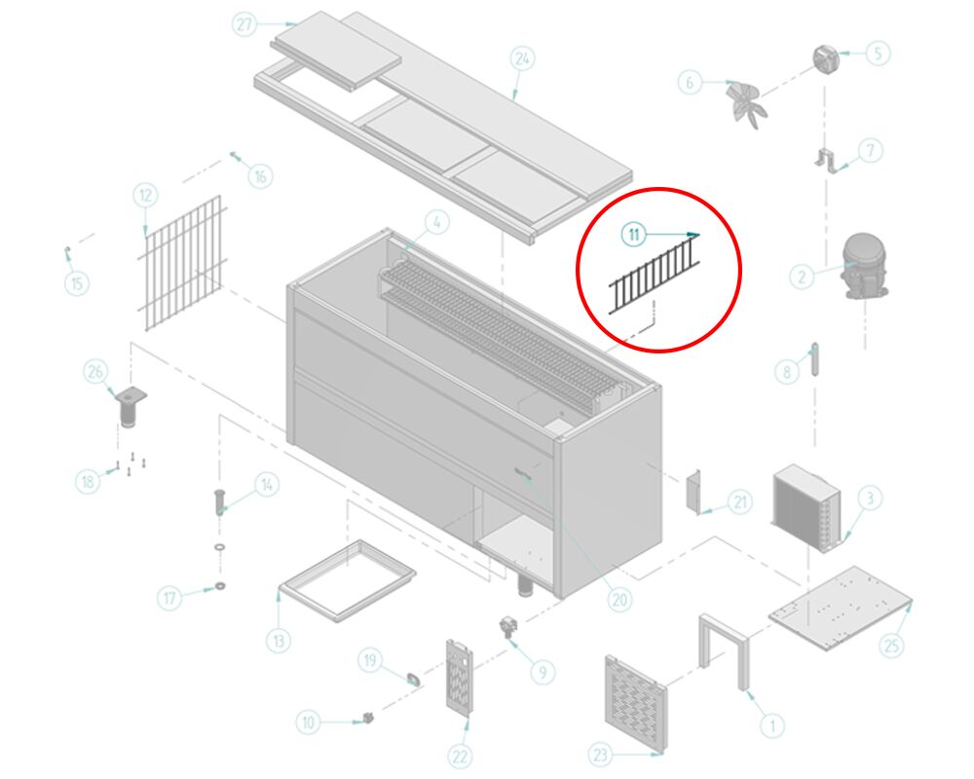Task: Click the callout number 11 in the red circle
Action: pos(634,235)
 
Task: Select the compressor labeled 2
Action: pos(864,266)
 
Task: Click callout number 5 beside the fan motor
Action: pos(878,54)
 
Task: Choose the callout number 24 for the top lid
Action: pos(522,59)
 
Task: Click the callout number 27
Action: pos(244,24)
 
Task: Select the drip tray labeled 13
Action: pos(348,580)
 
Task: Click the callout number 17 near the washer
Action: pos(170,598)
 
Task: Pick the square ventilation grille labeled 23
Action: pos(635,703)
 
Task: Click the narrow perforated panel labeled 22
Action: pos(459,676)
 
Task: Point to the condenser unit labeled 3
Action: pos(806,505)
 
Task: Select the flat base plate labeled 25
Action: pos(841,608)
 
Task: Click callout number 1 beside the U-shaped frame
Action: pos(772,724)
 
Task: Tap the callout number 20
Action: pos(619,600)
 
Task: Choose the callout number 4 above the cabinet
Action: pos(436,222)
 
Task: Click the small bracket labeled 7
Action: pos(826,161)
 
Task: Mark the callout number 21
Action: pos(739,501)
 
